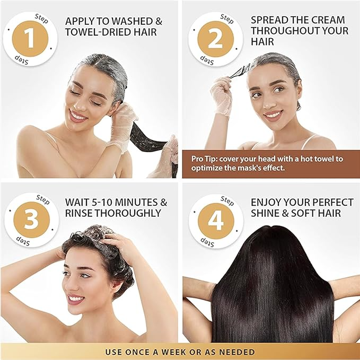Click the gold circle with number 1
30,38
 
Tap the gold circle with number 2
215,38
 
